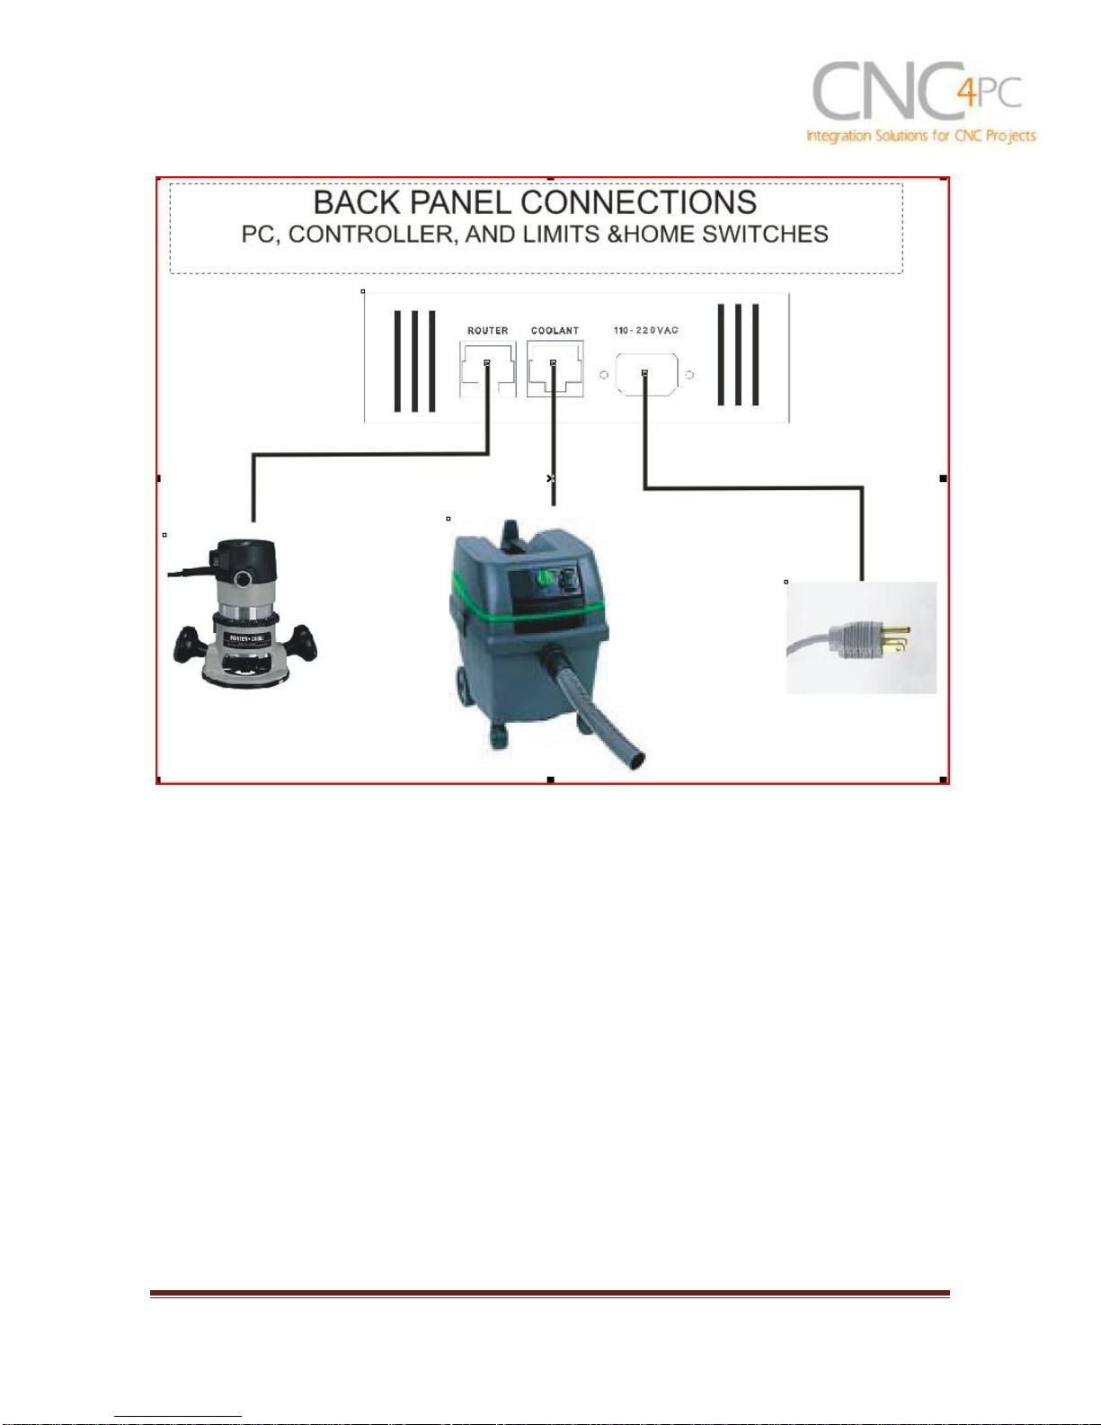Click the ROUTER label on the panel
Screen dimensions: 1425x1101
click(487, 331)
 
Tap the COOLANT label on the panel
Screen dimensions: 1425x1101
click(555, 331)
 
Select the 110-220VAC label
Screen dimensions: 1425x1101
click(645, 331)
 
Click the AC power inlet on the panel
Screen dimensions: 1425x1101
click(645, 374)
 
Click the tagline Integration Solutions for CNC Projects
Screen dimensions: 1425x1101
click(920, 136)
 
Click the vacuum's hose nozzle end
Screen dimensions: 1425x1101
click(636, 759)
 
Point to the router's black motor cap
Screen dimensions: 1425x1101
click(244, 557)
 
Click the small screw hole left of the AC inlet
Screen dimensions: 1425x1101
click(604, 375)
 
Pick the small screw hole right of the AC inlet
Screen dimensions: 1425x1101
click(689, 375)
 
